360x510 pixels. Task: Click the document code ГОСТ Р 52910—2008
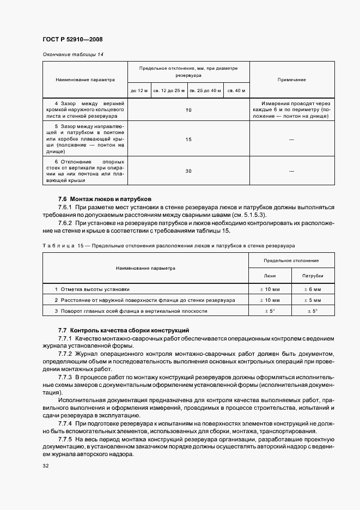(72, 39)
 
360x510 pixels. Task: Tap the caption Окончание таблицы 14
(69, 54)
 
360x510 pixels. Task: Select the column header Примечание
(291, 80)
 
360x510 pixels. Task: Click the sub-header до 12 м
(138, 90)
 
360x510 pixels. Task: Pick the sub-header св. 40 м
(237, 90)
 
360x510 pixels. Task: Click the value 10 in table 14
(188, 110)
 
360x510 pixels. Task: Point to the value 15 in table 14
(188, 139)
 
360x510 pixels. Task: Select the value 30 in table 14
(188, 171)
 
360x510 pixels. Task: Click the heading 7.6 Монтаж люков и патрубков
(105, 199)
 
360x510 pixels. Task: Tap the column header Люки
(270, 276)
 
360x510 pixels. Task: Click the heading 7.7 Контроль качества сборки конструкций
(123, 330)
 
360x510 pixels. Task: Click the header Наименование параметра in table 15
(145, 268)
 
